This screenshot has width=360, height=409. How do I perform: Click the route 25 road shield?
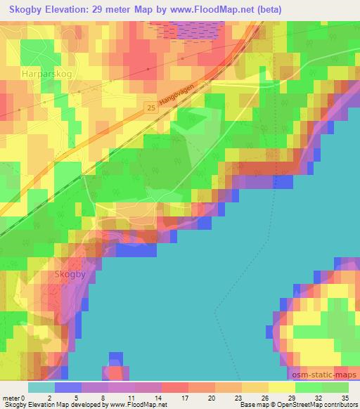coord(152,108)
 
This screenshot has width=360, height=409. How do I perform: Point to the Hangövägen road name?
coord(185,93)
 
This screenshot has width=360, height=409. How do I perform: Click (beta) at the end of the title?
coord(327,8)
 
